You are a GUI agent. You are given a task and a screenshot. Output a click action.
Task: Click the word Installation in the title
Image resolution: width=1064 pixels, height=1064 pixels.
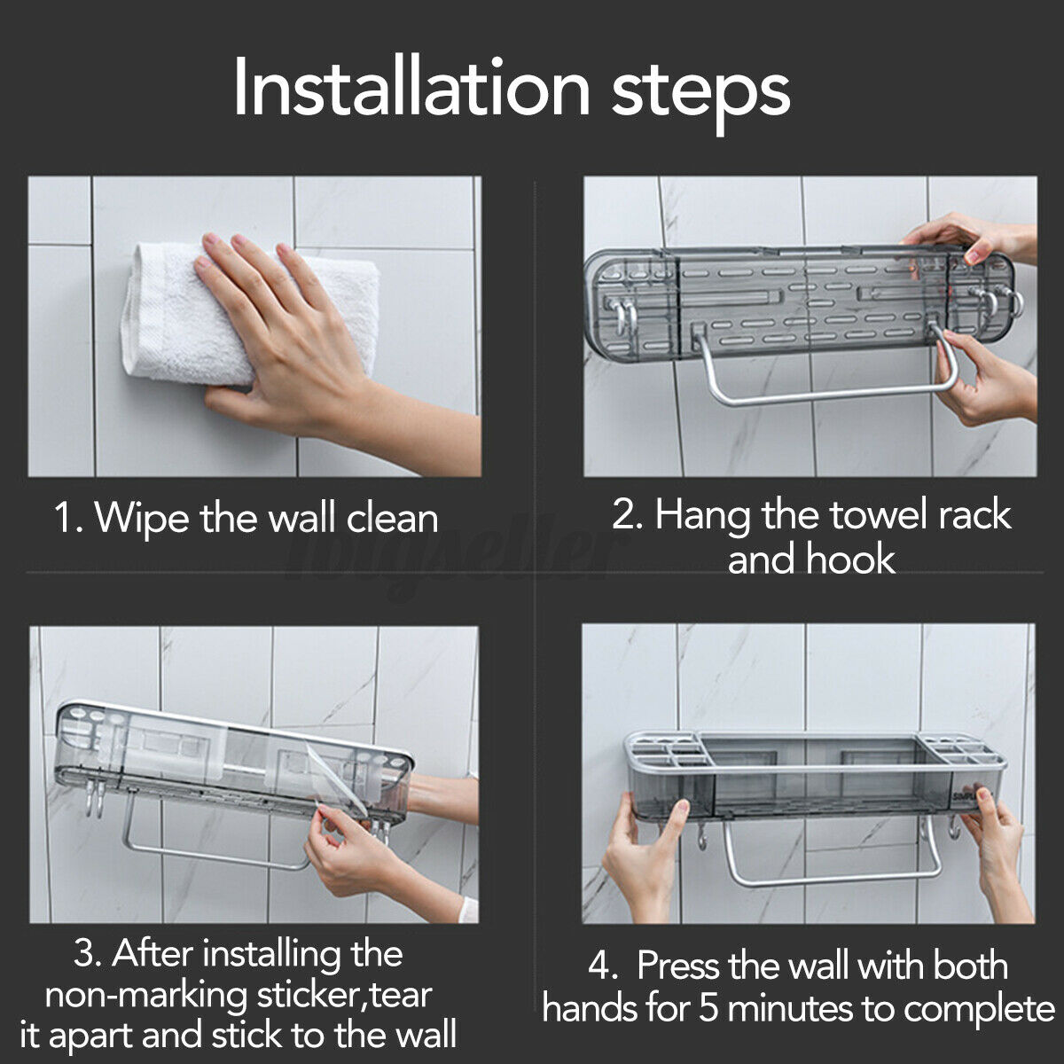click(412, 88)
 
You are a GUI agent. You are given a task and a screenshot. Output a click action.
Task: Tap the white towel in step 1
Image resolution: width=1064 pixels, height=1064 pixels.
click(249, 314)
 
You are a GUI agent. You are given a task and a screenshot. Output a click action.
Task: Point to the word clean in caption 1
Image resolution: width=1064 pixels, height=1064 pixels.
click(392, 519)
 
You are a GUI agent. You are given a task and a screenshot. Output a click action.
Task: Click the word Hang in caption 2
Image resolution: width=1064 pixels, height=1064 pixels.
click(702, 516)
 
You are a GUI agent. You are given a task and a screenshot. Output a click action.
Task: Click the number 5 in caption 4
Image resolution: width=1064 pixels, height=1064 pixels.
click(708, 1008)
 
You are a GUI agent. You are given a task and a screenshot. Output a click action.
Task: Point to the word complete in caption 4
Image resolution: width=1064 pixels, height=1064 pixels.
click(978, 1010)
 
